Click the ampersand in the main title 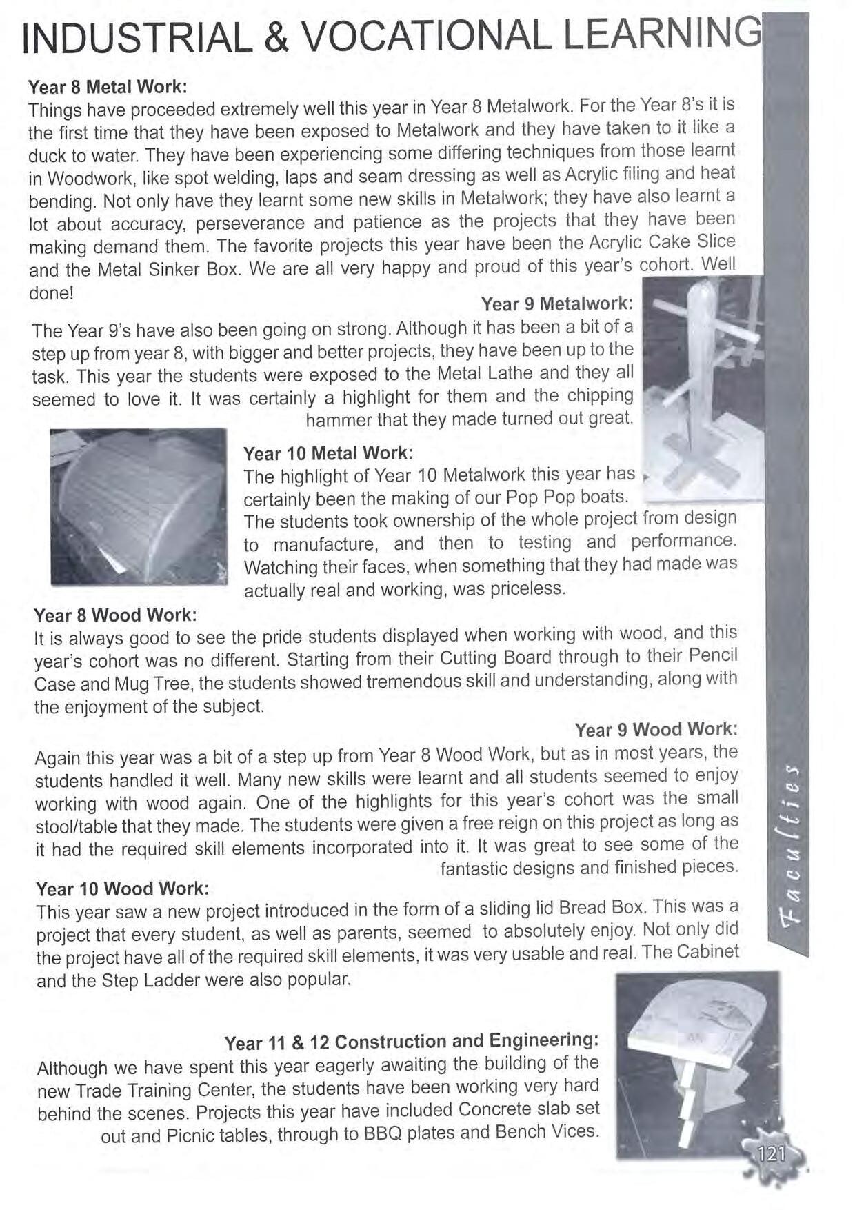[277, 40]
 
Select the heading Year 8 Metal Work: [107, 87]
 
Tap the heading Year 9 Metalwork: [556, 304]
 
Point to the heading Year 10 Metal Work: [328, 453]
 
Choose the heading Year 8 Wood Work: [115, 615]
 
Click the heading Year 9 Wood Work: [656, 729]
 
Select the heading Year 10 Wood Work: [122, 888]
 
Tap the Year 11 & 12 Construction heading [412, 1041]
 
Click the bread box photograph [139, 507]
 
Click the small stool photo [697, 1063]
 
